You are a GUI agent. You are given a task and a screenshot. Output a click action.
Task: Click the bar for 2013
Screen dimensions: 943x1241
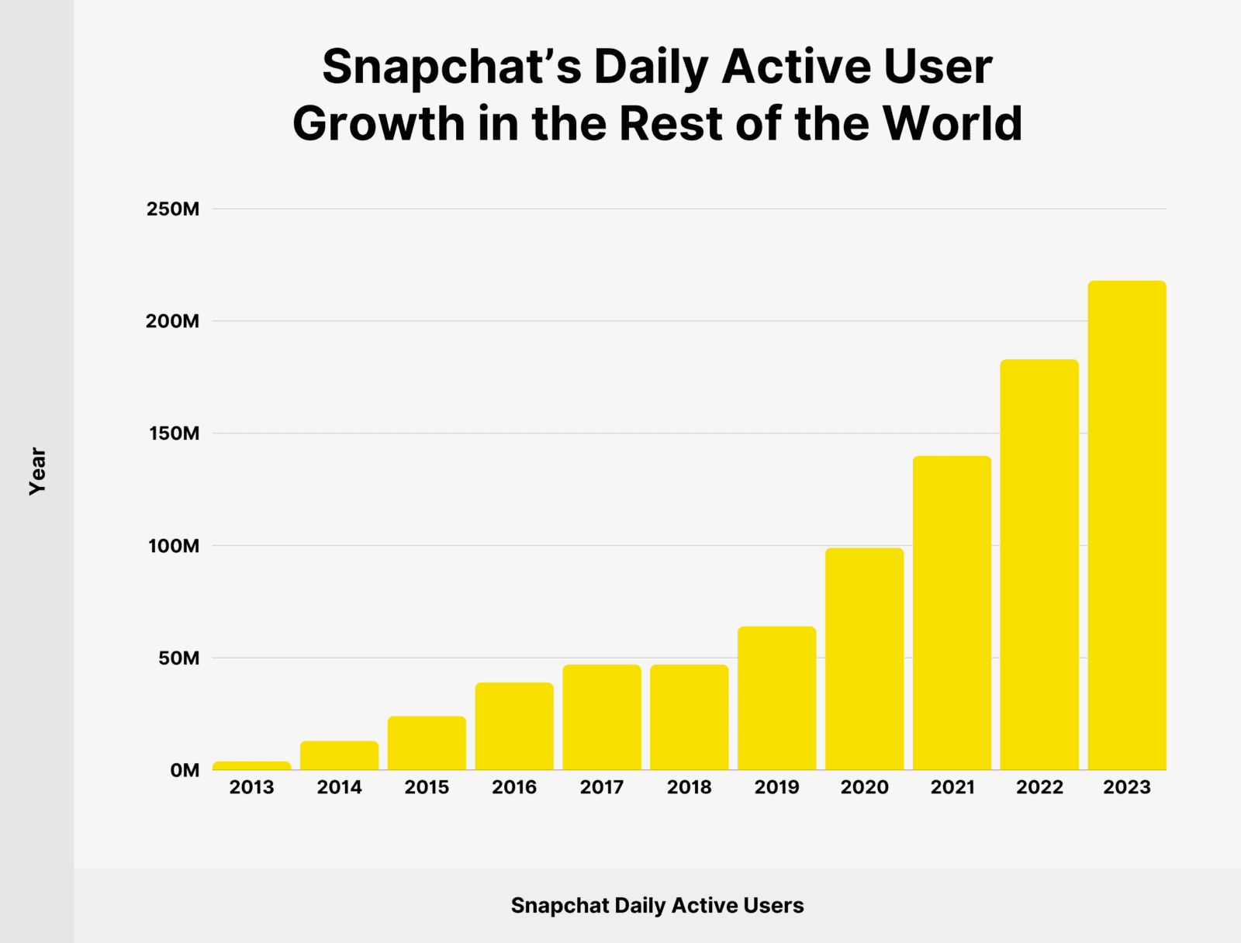252,766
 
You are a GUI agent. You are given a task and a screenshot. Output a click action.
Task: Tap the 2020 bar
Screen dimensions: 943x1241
864,659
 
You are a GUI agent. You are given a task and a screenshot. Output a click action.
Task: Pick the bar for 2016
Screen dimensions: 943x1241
514,726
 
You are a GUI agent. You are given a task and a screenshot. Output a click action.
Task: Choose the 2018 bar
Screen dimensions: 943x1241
689,717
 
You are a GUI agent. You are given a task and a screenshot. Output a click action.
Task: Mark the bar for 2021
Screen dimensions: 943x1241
952,613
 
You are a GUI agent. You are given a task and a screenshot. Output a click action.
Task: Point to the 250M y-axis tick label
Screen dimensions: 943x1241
173,209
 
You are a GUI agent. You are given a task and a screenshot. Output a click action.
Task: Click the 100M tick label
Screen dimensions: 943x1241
174,546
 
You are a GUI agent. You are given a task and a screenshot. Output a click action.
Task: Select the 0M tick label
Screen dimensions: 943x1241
185,770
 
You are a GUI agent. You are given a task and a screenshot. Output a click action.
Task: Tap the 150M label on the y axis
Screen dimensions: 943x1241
174,434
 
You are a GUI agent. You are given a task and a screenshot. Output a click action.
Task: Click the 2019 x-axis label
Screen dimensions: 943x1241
776,787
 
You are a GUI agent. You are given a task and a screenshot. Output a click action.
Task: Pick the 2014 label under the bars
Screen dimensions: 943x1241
339,787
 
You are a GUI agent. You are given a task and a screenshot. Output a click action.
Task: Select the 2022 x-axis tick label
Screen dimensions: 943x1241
1039,787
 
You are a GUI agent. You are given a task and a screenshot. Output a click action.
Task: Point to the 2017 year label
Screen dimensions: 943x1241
602,787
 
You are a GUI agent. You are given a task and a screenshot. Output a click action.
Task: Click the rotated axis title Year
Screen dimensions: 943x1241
37,471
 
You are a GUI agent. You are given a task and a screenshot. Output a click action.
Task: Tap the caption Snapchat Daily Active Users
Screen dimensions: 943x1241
657,905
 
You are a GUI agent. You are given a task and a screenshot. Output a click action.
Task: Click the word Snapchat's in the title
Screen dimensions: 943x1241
451,67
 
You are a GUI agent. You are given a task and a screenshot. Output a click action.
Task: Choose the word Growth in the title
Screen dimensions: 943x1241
378,125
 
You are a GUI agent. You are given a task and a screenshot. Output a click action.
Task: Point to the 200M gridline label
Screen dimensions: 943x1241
173,321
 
